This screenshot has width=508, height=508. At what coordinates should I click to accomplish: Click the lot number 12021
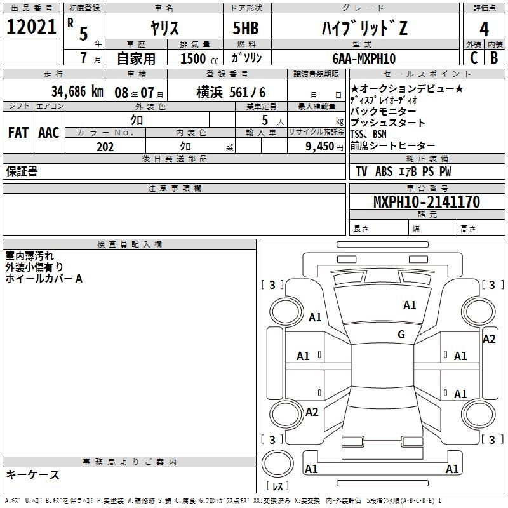(32, 28)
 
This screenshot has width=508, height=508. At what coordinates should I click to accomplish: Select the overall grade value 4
(484, 29)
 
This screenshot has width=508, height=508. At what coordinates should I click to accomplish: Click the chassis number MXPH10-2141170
(426, 202)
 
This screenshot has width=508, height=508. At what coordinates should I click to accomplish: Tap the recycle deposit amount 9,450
(319, 147)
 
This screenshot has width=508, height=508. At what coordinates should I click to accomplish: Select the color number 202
(105, 147)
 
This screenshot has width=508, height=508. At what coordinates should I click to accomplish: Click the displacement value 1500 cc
(199, 58)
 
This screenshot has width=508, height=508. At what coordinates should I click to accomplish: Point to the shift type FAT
(18, 132)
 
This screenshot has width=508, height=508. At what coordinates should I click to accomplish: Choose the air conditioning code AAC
(48, 132)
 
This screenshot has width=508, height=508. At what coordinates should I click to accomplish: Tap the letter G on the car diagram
(401, 335)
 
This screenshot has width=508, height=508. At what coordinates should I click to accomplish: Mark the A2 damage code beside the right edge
(489, 338)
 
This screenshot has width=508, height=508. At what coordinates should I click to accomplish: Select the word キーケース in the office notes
(32, 474)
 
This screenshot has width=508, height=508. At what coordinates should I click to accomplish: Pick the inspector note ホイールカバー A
(44, 278)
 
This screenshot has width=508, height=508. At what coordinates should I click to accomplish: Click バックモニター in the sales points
(383, 111)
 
